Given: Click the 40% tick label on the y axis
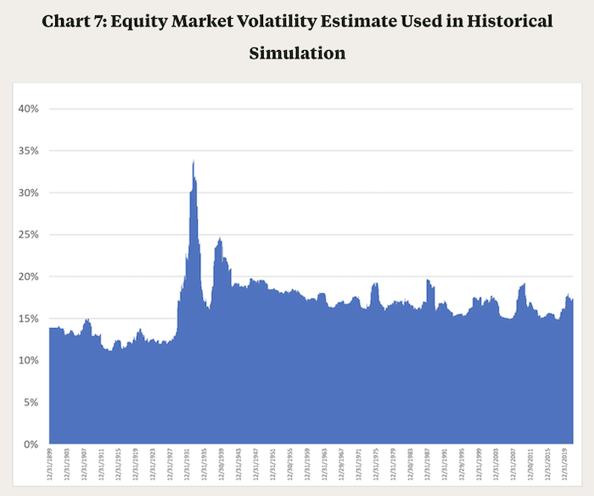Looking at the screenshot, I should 29,109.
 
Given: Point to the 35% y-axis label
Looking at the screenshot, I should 29,151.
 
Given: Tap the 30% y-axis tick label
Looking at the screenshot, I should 29,192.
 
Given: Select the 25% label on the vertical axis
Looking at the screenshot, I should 29,235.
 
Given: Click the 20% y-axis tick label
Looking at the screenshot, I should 29,276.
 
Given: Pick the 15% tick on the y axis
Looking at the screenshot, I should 29,319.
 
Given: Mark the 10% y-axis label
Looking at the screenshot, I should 29,360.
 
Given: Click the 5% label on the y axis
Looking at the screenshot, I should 31,403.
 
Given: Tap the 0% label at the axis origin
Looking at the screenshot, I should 31,444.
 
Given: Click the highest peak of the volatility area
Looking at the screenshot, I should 193,160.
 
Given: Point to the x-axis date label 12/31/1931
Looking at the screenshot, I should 188,469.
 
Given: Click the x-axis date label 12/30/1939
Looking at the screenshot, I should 223,469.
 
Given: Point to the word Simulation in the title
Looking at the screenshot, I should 297,53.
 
